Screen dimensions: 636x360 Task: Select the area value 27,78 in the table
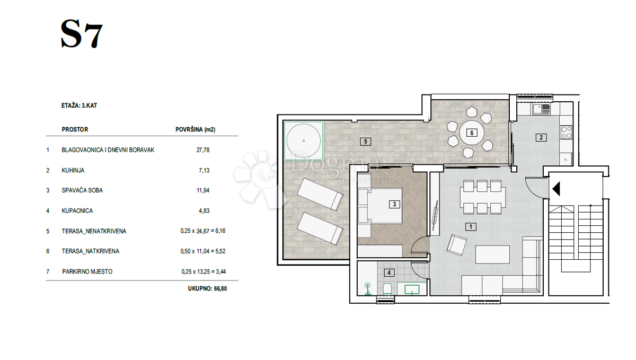pyautogui.click(x=202, y=150)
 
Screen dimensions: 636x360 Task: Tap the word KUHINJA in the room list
pyautogui.click(x=73, y=171)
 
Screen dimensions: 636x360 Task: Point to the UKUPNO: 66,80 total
pyautogui.click(x=207, y=288)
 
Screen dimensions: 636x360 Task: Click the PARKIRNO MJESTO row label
pyautogui.click(x=87, y=271)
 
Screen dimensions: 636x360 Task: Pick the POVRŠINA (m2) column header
pyautogui.click(x=196, y=129)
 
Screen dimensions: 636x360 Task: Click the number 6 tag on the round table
pyautogui.click(x=472, y=133)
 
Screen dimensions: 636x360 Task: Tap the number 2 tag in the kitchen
pyautogui.click(x=541, y=137)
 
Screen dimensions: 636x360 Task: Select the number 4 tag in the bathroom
pyautogui.click(x=389, y=273)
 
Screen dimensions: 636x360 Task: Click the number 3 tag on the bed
pyautogui.click(x=394, y=204)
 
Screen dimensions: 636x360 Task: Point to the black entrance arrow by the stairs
pyautogui.click(x=556, y=189)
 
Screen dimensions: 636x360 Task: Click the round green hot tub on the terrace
pyautogui.click(x=304, y=141)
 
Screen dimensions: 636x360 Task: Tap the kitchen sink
pyautogui.click(x=542, y=109)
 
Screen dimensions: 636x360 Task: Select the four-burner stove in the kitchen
pyautogui.click(x=567, y=133)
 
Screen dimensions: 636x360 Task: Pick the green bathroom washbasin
pyautogui.click(x=412, y=289)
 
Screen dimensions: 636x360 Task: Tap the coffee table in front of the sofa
pyautogui.click(x=492, y=254)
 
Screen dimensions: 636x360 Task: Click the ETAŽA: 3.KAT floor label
pyautogui.click(x=79, y=106)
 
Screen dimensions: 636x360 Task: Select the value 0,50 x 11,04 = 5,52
pyautogui.click(x=203, y=251)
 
